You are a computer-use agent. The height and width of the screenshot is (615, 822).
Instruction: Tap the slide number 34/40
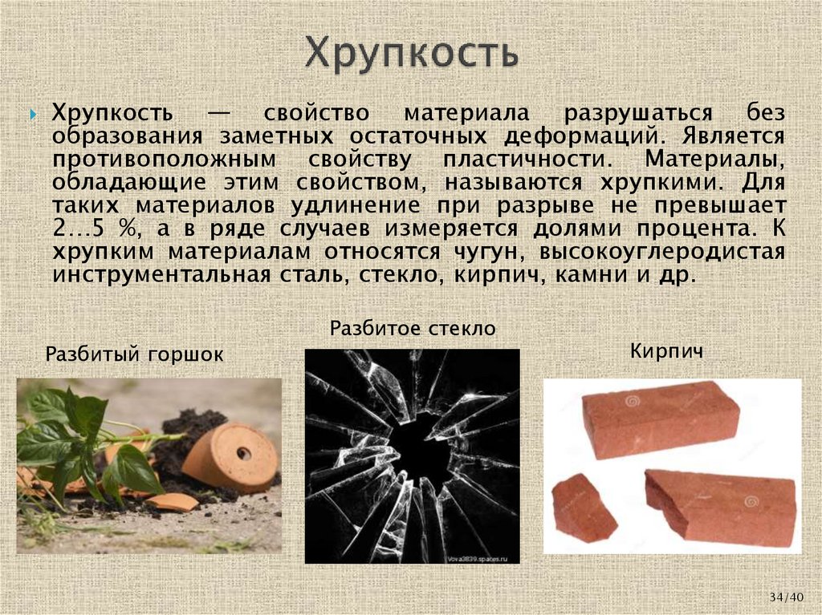(x=786, y=597)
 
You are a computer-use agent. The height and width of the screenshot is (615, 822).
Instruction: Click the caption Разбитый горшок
(x=134, y=354)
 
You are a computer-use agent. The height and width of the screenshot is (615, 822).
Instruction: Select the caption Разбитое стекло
(x=413, y=328)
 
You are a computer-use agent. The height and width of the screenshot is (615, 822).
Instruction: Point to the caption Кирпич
(x=666, y=350)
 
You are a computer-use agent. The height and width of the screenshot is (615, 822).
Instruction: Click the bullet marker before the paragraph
(x=34, y=115)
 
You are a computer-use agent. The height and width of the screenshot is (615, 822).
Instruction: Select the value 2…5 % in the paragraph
(x=92, y=229)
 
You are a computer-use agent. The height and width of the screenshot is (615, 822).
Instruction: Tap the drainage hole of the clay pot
(x=243, y=453)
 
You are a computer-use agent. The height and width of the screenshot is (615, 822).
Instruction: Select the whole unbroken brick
(x=660, y=419)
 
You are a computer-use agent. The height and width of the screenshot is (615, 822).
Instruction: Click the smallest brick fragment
(x=584, y=507)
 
